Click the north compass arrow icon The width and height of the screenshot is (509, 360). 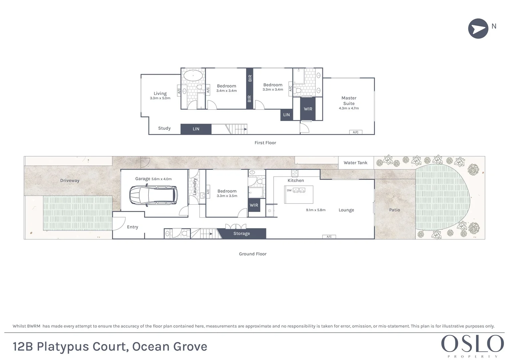coord(478,29)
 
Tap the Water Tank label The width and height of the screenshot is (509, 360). coord(355,163)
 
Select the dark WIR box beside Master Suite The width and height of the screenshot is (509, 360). coord(308,109)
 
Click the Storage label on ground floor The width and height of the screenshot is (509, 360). coord(241,234)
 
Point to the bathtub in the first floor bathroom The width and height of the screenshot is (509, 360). coord(193,75)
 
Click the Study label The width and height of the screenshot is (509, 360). coord(164,128)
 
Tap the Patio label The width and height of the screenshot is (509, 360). coord(394,210)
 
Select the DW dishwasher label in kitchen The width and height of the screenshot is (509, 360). coord(289,190)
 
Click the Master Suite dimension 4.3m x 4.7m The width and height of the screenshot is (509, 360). coord(349,108)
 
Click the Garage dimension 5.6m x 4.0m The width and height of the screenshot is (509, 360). coord(162,179)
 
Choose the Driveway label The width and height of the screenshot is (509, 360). coord(70,181)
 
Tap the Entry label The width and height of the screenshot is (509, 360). coord(132,227)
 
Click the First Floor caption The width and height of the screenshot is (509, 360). coord(265,143)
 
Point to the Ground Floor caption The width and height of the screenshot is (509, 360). coord(252,254)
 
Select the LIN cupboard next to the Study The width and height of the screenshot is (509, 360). coord(196,129)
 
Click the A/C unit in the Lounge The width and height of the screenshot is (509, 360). coord(329,237)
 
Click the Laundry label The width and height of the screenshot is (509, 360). coord(195,187)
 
